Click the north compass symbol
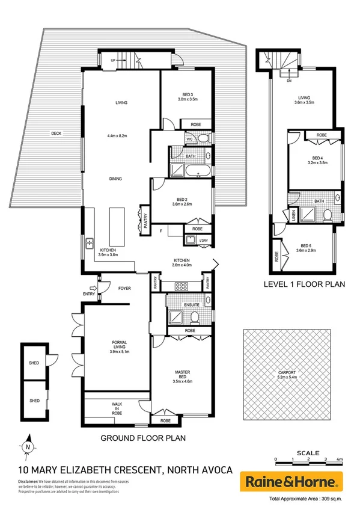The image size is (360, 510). click(28, 447)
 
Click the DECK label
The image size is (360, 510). click(56, 134)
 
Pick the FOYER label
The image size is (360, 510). click(124, 288)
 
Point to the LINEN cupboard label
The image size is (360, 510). click(293, 214)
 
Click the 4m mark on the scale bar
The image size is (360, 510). click(340, 459)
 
